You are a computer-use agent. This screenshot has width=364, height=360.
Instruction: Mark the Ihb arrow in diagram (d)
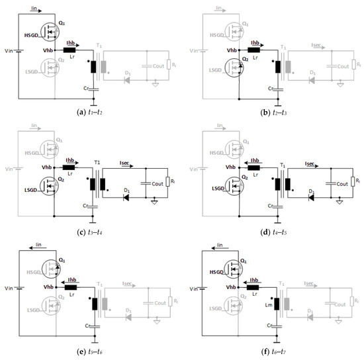click(253, 163)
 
